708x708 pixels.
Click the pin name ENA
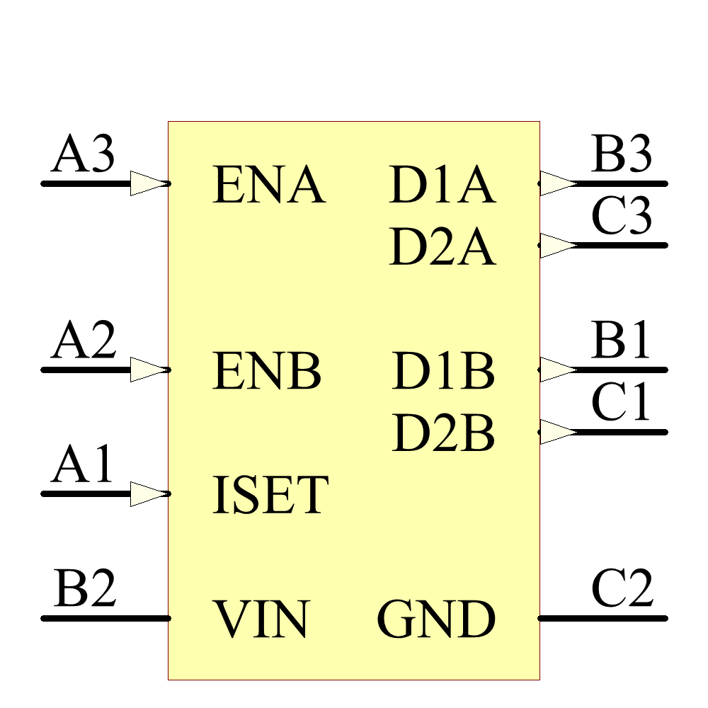[x=268, y=185]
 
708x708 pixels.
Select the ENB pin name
[x=267, y=371]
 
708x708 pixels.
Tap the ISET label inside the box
[x=270, y=495]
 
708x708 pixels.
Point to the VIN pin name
[x=262, y=619]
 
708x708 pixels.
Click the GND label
[x=435, y=619]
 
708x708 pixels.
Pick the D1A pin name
[x=442, y=185]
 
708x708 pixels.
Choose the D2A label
[x=442, y=248]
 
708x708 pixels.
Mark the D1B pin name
[x=443, y=371]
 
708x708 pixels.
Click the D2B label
[x=443, y=433]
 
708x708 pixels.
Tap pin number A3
[x=83, y=155]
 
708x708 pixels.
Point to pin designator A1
[x=83, y=466]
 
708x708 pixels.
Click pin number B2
[x=84, y=589]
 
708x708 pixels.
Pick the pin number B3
[x=622, y=155]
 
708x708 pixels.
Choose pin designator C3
[x=622, y=217]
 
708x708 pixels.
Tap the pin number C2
[x=622, y=589]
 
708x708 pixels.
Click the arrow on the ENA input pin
[x=149, y=183]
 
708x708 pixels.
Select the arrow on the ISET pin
[x=149, y=493]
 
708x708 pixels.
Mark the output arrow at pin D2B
[x=558, y=432]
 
